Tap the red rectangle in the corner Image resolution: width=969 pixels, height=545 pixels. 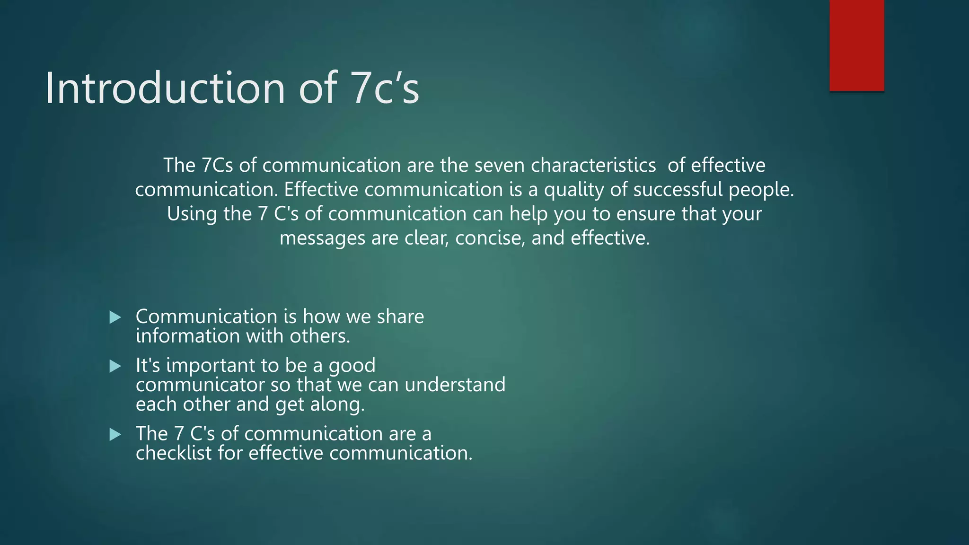click(x=856, y=45)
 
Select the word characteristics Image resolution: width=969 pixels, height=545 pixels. click(x=593, y=166)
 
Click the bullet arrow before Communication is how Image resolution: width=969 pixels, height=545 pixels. click(x=115, y=317)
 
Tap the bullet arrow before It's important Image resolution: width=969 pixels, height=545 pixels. click(x=115, y=366)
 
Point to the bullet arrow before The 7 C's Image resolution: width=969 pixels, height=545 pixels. click(x=115, y=434)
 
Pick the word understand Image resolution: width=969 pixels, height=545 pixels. click(x=455, y=385)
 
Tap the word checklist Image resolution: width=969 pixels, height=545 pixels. click(x=174, y=453)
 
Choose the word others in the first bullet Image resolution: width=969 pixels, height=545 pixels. click(x=319, y=336)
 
